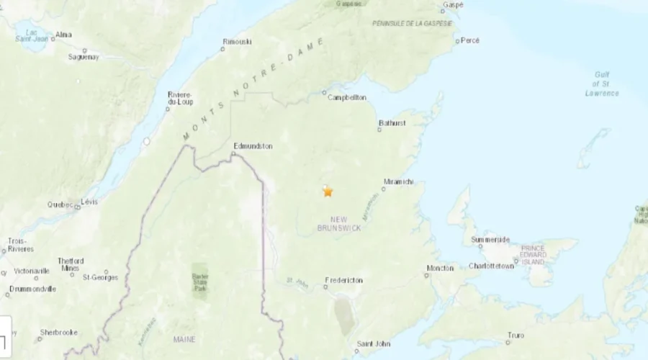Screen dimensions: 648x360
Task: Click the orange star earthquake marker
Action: coord(328,192)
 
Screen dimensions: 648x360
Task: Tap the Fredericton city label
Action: coord(344,280)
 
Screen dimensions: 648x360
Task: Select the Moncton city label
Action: coord(440,268)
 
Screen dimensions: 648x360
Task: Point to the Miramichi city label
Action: coord(399,182)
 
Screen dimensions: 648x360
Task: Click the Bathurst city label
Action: coord(392,123)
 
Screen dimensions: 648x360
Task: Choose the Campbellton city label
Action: coord(347,98)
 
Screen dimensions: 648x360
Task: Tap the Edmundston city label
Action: coord(253,145)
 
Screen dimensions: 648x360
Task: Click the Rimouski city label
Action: coord(238,42)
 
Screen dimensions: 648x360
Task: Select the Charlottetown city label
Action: coord(491,266)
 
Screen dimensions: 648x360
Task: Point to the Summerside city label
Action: coord(490,240)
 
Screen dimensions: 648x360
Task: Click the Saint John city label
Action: coord(373,343)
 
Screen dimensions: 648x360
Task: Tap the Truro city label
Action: coord(515,336)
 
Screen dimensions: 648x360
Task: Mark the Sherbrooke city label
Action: coord(58,333)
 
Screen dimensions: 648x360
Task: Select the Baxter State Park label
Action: coord(199,276)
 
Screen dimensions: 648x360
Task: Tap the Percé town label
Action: coord(469,41)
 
